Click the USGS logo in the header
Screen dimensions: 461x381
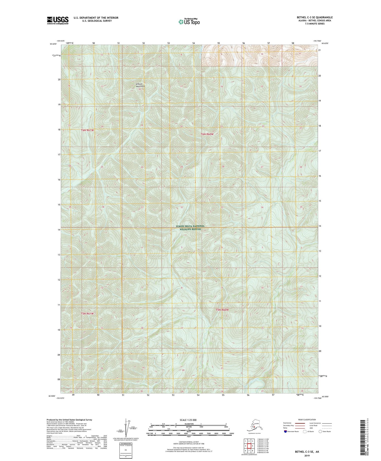click(x=58, y=20)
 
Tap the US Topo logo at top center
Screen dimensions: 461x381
click(x=189, y=22)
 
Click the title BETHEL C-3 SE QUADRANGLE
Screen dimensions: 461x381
click(x=315, y=17)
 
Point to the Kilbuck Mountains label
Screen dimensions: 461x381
click(x=140, y=85)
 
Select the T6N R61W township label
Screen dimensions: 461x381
click(x=88, y=130)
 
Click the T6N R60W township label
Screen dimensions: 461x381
click(x=207, y=134)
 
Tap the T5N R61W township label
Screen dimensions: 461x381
click(x=87, y=314)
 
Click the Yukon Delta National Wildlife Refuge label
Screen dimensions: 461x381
click(x=190, y=228)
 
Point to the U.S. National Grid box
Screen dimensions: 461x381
click(x=125, y=450)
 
